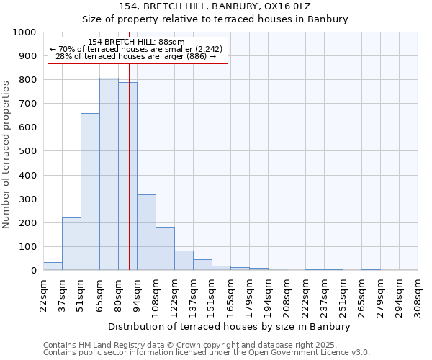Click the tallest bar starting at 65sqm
(109, 174)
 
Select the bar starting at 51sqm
(90, 192)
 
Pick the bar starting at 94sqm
(146, 233)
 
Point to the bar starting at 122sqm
(184, 261)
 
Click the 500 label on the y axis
(28, 152)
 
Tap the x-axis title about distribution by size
(230, 327)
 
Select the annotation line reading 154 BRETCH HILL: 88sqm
(136, 42)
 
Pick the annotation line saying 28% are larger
(136, 56)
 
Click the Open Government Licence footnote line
(207, 353)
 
